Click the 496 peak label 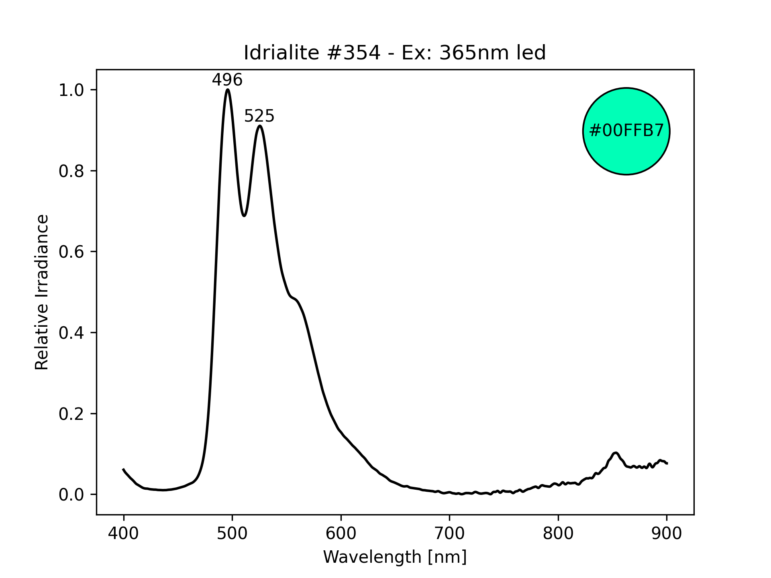click(x=227, y=80)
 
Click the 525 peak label click(x=259, y=116)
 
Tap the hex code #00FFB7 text click(x=626, y=131)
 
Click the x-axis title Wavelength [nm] click(x=395, y=557)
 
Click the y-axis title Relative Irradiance click(x=42, y=292)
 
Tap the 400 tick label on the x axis click(x=123, y=533)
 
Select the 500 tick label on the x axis click(x=232, y=533)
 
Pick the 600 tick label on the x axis click(x=341, y=533)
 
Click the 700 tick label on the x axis click(x=449, y=533)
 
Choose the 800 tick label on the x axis click(x=558, y=533)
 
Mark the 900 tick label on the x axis click(x=667, y=533)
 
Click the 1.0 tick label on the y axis click(x=71, y=90)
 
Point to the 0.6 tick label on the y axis click(x=71, y=252)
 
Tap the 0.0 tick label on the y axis click(x=71, y=495)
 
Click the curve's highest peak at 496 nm click(x=228, y=90)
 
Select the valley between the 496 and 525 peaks click(x=244, y=216)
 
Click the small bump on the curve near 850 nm click(x=615, y=453)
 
